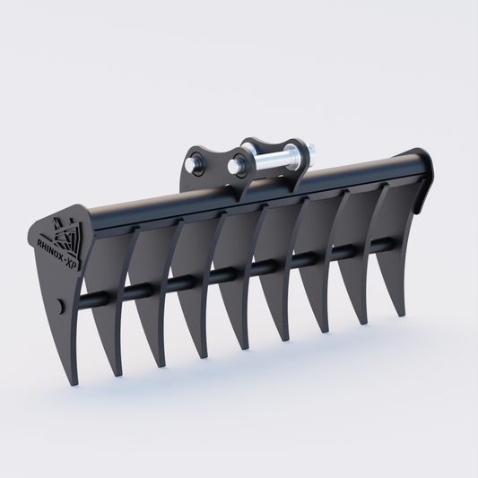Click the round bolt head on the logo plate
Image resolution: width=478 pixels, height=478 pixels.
[59, 306]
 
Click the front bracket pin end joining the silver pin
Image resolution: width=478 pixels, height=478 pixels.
[236, 166]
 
